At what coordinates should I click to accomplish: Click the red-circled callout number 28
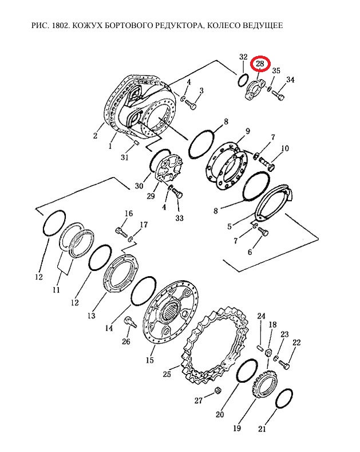260,64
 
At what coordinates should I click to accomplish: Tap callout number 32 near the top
243,57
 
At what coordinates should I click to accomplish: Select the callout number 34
290,79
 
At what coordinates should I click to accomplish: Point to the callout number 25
167,374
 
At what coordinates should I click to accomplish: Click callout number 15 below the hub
150,360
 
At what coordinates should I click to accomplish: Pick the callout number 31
124,158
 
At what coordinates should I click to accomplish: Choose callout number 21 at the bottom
262,429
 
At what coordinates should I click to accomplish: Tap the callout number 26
126,341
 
